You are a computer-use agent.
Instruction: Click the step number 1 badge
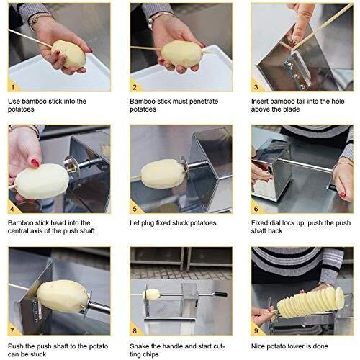(12, 87)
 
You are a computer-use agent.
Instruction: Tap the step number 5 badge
(135, 208)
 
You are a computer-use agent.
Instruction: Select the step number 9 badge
(256, 330)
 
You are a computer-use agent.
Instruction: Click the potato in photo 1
(68, 55)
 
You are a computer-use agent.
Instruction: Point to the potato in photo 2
(181, 54)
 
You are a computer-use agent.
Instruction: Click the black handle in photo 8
(221, 294)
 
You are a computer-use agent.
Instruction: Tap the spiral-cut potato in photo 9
(311, 302)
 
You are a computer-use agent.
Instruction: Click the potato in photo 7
(63, 296)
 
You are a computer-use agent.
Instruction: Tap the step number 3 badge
(256, 87)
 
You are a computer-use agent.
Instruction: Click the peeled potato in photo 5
(163, 174)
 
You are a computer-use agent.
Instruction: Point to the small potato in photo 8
(152, 294)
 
